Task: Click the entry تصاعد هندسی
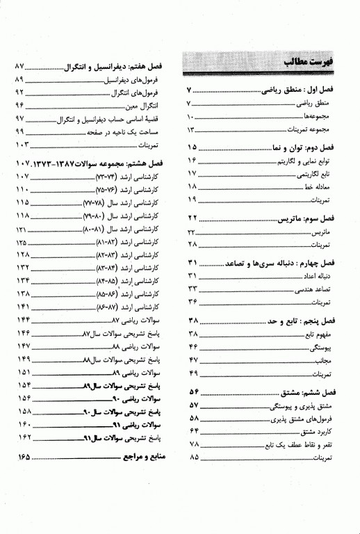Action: (325, 289)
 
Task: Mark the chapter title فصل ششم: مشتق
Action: (311, 391)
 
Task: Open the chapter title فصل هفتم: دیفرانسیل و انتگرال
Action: (115, 68)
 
